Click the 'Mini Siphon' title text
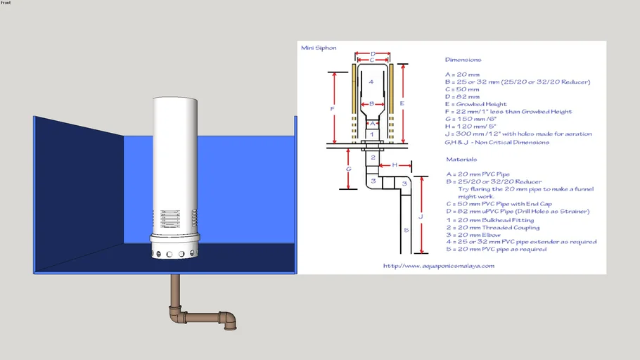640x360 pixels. coord(319,49)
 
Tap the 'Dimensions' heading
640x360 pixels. coord(463,60)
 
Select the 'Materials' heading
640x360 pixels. coord(461,160)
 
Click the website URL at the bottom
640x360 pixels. coord(439,266)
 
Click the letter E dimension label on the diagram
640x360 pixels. coord(402,103)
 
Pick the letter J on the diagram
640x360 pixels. coord(420,217)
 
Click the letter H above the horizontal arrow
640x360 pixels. coord(395,165)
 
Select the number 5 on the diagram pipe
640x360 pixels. coord(405,229)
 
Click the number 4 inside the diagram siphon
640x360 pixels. coord(371,82)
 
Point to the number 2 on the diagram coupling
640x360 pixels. coord(373,157)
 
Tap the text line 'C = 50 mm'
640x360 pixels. coord(461,89)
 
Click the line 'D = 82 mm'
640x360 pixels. coord(462,97)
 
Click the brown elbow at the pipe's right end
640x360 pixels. coord(229,321)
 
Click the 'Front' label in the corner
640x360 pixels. coord(6,3)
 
